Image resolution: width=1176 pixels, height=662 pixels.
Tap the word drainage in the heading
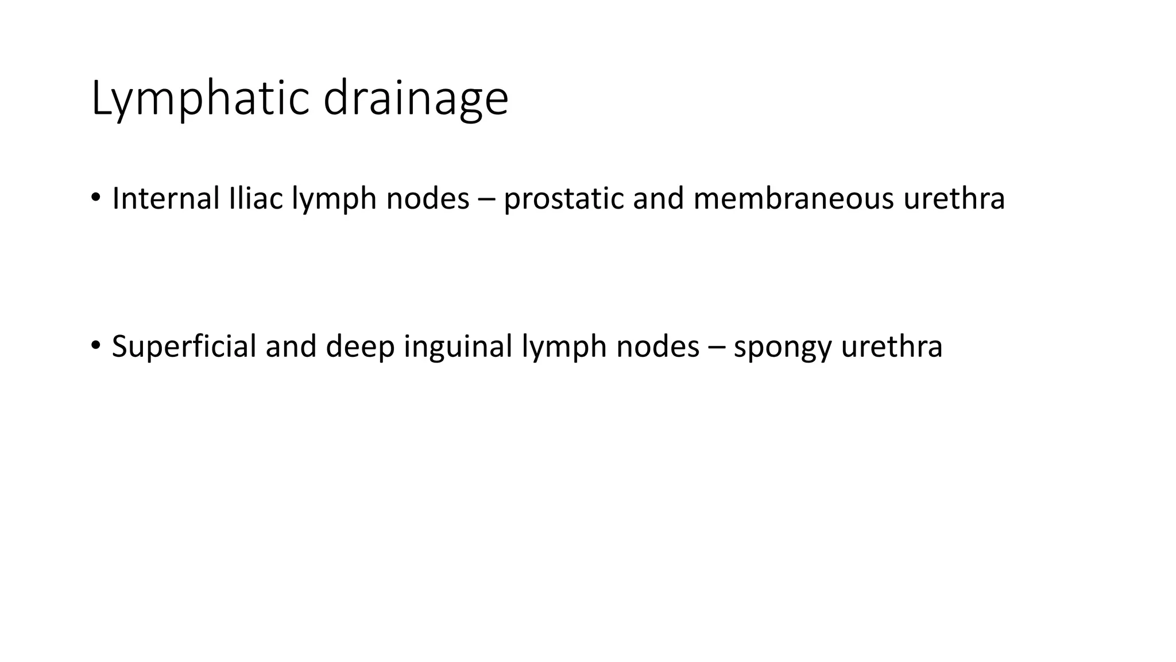(x=416, y=99)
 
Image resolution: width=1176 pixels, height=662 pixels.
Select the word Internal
(x=166, y=198)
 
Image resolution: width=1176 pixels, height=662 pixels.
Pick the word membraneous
(x=793, y=198)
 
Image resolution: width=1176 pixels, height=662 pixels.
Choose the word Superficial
(x=184, y=347)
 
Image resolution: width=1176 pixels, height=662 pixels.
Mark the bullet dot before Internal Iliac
(x=95, y=198)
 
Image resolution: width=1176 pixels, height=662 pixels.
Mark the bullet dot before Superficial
(x=95, y=345)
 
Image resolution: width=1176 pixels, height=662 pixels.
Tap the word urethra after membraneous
(x=954, y=198)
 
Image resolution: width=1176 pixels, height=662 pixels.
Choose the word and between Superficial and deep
(x=291, y=347)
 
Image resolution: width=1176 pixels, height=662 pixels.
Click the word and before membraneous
(x=658, y=198)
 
